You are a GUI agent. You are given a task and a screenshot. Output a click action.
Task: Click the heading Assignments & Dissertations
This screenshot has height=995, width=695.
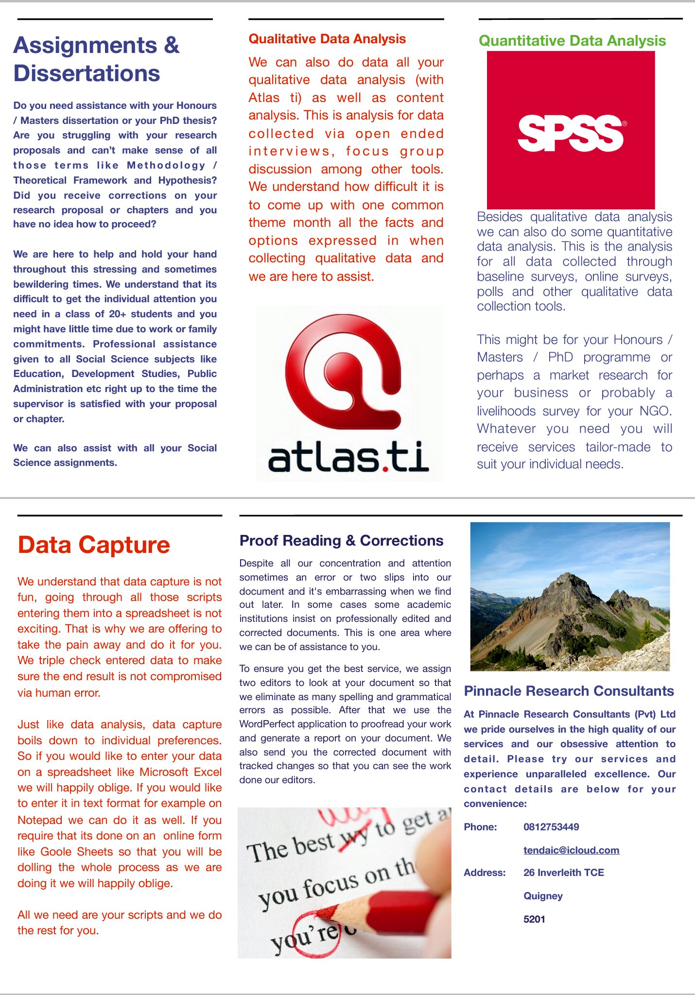pyautogui.click(x=96, y=59)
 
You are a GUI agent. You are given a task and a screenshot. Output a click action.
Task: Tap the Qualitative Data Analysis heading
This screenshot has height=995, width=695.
pyautogui.click(x=327, y=39)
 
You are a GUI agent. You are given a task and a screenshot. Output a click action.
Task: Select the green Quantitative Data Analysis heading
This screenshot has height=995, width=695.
pyautogui.click(x=572, y=41)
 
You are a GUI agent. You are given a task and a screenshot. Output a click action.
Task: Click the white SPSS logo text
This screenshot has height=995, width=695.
pyautogui.click(x=570, y=133)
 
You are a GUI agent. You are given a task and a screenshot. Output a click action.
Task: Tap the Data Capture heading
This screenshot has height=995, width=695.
pyautogui.click(x=94, y=545)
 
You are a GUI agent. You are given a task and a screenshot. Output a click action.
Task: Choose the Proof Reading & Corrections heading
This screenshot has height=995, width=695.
pyautogui.click(x=341, y=540)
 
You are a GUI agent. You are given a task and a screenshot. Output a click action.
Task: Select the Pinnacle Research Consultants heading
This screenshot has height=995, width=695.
pyautogui.click(x=569, y=691)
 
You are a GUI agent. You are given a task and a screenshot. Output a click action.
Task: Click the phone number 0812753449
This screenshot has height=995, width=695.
pyautogui.click(x=551, y=827)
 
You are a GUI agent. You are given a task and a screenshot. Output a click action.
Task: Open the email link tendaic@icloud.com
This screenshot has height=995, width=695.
pyautogui.click(x=571, y=850)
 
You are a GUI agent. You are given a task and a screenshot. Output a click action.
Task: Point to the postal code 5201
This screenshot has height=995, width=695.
pyautogui.click(x=534, y=919)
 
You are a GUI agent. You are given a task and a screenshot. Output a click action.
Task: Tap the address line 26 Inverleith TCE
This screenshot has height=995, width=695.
pyautogui.click(x=563, y=873)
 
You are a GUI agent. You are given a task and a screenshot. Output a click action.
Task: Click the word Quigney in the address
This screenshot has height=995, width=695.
pyautogui.click(x=543, y=896)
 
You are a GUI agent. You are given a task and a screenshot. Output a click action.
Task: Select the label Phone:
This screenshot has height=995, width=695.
pyautogui.click(x=480, y=827)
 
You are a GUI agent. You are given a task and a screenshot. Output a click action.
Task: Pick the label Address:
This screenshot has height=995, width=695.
pyautogui.click(x=485, y=873)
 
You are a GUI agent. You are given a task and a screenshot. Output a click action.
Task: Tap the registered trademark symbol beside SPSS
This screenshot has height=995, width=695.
pyautogui.click(x=625, y=123)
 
